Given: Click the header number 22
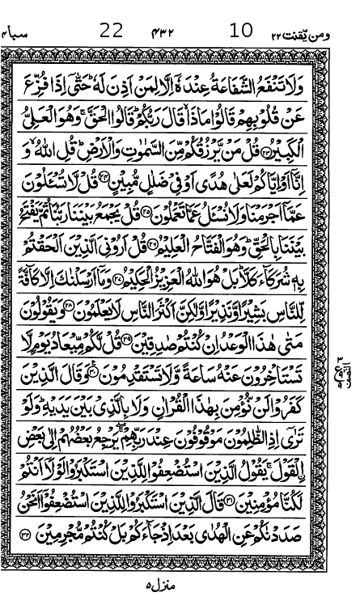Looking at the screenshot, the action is click(111, 32).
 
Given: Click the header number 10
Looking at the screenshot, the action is click(241, 32).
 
